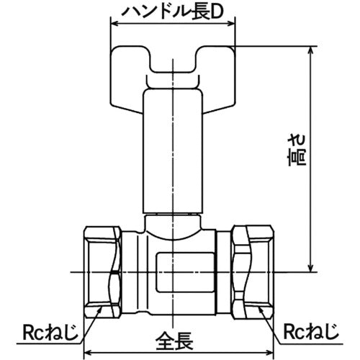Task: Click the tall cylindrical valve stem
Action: coord(175,151)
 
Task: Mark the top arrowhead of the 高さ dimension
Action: coord(311,51)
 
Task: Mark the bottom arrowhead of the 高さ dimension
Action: coord(311,267)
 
